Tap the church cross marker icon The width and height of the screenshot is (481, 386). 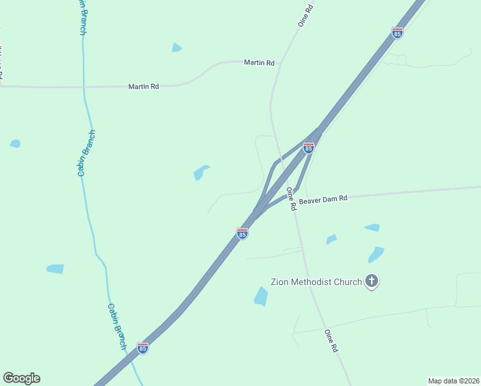click(372, 281)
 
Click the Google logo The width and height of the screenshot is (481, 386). click(21, 378)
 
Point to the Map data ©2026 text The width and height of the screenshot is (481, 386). click(453, 380)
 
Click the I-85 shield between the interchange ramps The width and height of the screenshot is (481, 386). click(309, 148)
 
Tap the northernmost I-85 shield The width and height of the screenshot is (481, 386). click(397, 32)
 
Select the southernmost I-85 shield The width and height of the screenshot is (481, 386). click(143, 348)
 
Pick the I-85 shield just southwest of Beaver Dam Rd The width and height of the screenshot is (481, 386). click(242, 234)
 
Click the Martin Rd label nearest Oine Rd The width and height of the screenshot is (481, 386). click(259, 62)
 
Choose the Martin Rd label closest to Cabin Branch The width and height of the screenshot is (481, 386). click(143, 86)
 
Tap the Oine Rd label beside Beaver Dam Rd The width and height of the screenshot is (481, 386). click(291, 199)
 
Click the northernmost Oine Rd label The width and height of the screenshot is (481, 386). click(305, 15)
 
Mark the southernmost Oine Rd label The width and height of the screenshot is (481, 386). click(331, 340)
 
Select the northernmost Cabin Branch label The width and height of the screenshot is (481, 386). click(82, 17)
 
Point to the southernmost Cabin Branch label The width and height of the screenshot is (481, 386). click(116, 327)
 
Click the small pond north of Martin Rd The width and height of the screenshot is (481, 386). click(176, 48)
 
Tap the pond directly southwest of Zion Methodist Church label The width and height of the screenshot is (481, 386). click(261, 297)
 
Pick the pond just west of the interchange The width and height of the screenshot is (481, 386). click(201, 172)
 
